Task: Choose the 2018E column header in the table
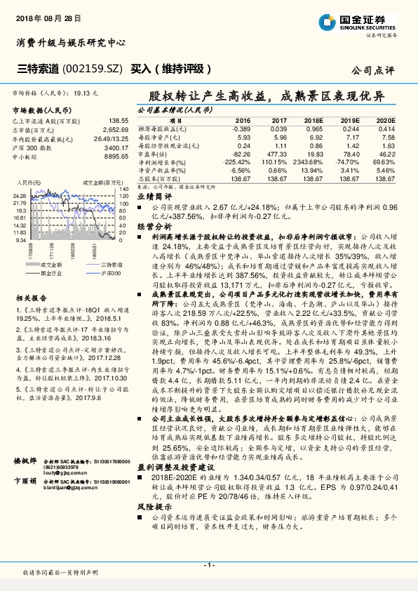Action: (x=312, y=121)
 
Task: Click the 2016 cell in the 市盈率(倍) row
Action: (x=241, y=153)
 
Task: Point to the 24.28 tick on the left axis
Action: (x=19, y=195)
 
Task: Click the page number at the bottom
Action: (x=208, y=565)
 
